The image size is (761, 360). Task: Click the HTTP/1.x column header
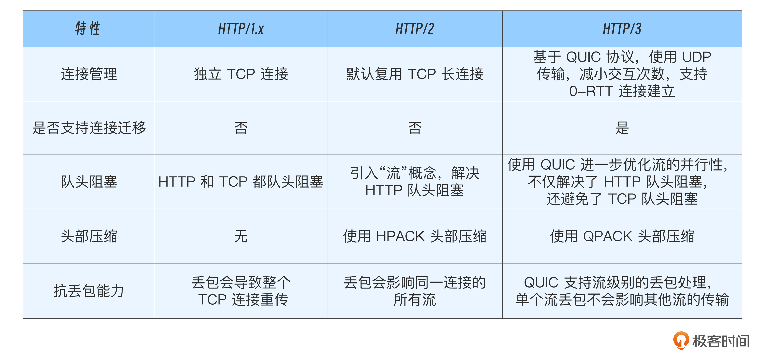coord(241,29)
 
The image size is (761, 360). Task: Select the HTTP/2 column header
coord(415,29)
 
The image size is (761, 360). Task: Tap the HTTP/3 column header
coord(622,29)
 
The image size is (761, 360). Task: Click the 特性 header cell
coord(88,29)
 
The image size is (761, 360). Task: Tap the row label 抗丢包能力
coord(89,291)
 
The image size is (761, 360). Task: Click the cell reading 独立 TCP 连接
coord(241,74)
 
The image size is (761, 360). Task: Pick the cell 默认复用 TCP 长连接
coord(415,74)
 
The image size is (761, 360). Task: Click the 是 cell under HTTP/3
coord(622,128)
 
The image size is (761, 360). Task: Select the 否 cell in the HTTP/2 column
coord(415,128)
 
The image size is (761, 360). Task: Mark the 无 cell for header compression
coord(241,236)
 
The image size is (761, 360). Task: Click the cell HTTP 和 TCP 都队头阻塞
coord(241,182)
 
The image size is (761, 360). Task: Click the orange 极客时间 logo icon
coord(681,341)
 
